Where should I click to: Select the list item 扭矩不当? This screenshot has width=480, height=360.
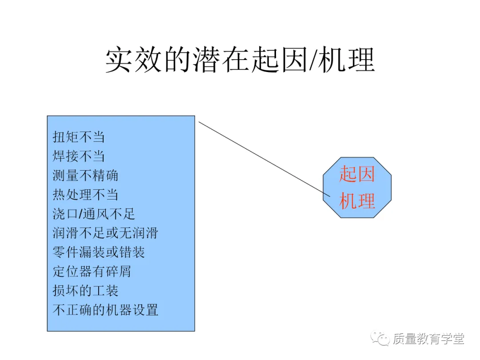click(79, 136)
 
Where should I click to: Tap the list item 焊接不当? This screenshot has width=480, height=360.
click(79, 156)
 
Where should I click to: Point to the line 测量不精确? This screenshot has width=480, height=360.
click(85, 175)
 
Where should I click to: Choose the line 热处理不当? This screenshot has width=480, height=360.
click(85, 195)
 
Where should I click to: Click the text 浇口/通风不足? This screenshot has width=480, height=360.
click(94, 214)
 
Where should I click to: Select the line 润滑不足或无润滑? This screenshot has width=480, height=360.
click(105, 233)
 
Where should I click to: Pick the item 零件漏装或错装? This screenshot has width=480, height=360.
click(99, 252)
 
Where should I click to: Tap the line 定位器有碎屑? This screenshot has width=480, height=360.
click(92, 272)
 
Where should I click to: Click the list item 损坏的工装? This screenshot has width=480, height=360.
click(85, 291)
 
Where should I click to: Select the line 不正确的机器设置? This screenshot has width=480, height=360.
click(105, 310)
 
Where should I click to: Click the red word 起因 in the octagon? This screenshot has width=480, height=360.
click(357, 174)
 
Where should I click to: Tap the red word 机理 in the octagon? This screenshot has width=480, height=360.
click(357, 201)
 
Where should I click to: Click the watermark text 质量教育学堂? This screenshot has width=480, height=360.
click(428, 339)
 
